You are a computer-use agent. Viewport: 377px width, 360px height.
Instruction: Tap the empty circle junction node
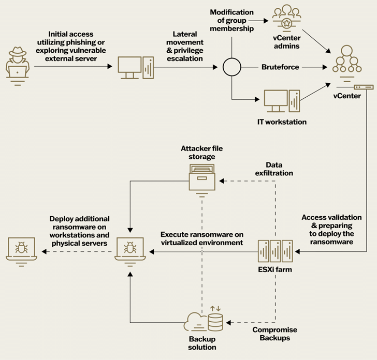click(x=231, y=67)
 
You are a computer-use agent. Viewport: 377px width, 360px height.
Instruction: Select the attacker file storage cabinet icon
click(x=201, y=178)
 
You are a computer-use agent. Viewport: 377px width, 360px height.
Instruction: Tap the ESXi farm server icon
click(x=275, y=252)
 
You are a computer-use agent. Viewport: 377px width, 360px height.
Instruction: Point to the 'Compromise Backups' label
click(x=271, y=333)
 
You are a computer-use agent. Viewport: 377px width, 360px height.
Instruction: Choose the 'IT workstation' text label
click(x=282, y=122)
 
